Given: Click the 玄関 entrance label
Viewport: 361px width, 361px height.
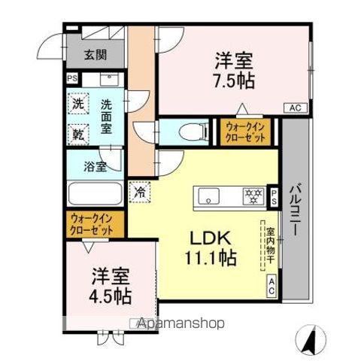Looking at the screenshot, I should pyautogui.click(x=95, y=54).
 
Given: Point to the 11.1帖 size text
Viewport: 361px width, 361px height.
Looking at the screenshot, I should pyautogui.click(x=208, y=259).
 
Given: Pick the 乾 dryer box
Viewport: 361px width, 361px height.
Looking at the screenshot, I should pyautogui.click(x=79, y=134).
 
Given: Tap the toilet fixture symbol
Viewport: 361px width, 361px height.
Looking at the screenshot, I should pyautogui.click(x=183, y=132).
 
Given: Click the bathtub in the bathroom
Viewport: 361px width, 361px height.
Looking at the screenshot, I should pyautogui.click(x=95, y=193).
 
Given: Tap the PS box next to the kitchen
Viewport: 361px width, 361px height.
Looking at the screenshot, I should pyautogui.click(x=274, y=197).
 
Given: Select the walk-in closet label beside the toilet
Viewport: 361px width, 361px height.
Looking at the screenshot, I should pyautogui.click(x=246, y=132).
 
